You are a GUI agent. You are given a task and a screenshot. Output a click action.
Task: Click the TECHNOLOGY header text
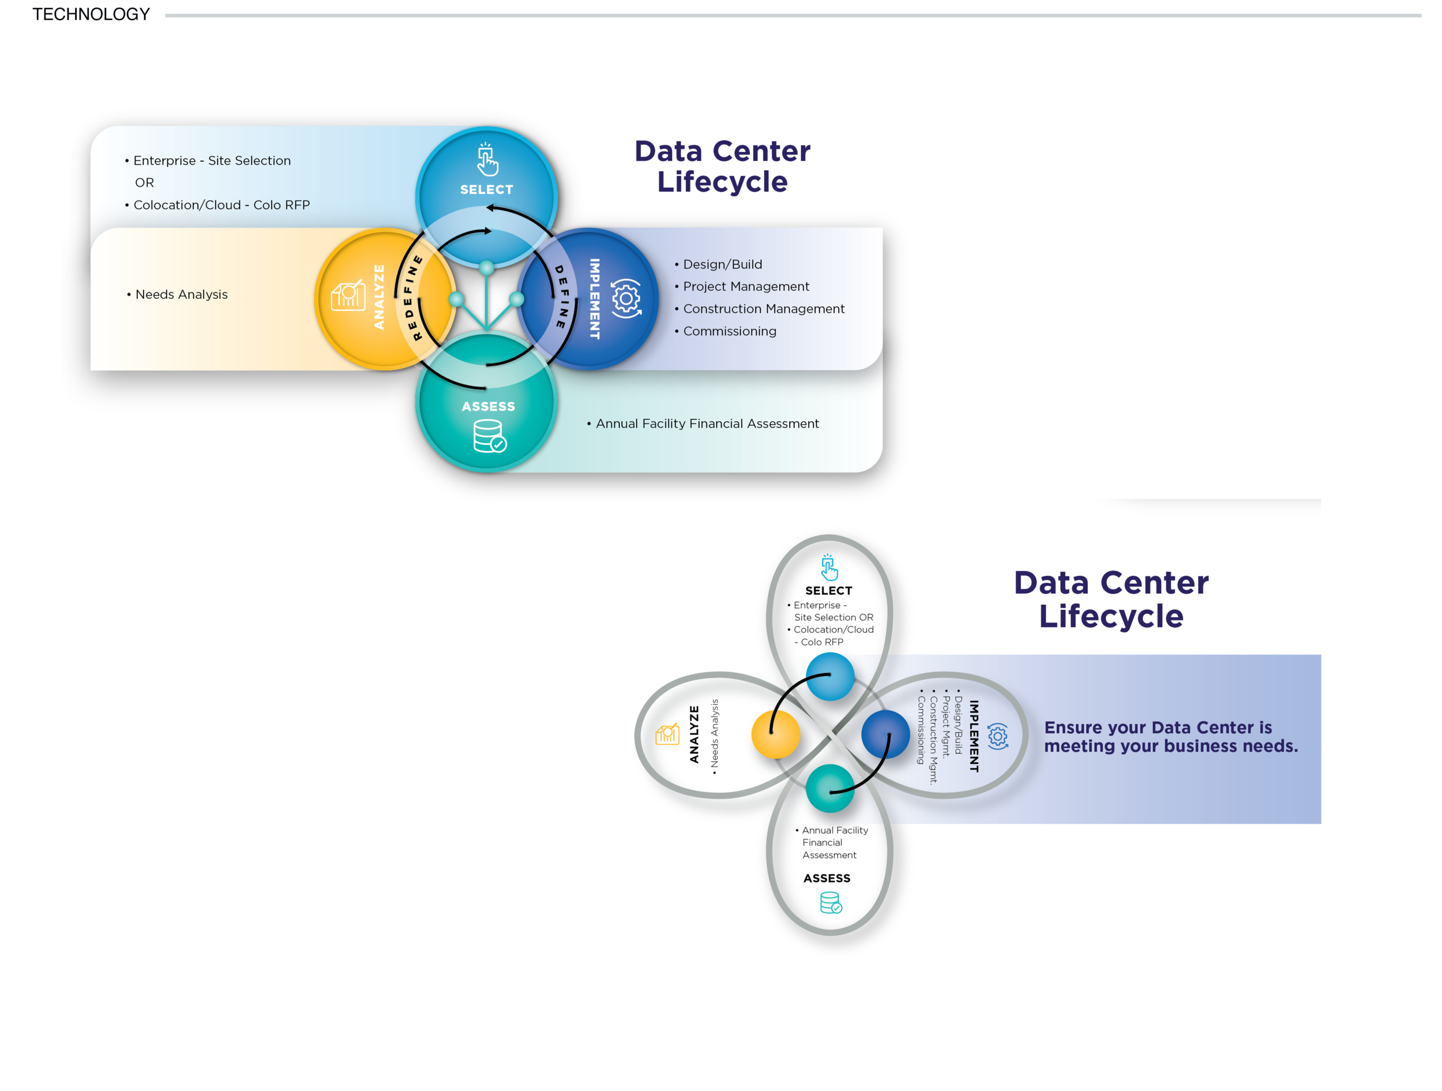click(x=91, y=14)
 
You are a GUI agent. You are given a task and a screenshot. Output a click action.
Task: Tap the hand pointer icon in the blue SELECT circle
click(x=487, y=160)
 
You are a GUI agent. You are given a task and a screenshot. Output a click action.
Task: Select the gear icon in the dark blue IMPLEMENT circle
click(x=626, y=299)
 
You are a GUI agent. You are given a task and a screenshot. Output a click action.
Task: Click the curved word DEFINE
click(x=562, y=297)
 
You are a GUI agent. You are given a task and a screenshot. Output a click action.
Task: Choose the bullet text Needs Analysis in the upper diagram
click(x=181, y=295)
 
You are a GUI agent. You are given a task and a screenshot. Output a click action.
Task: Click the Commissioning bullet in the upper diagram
click(x=729, y=331)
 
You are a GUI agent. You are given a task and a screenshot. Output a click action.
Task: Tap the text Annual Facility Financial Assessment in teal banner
click(x=707, y=424)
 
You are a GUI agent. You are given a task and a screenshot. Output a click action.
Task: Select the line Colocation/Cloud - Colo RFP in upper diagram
click(x=221, y=205)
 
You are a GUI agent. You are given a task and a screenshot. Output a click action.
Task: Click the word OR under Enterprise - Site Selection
click(x=144, y=182)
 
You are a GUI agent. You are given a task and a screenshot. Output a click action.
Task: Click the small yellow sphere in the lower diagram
click(x=776, y=734)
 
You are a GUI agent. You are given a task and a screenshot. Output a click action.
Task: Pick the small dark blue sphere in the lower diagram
click(x=885, y=734)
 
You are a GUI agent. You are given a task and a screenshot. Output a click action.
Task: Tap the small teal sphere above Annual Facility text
click(x=830, y=789)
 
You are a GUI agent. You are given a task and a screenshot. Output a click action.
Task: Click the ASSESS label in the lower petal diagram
click(x=827, y=879)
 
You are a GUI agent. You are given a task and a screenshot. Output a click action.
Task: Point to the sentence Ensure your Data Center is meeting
click(x=1170, y=737)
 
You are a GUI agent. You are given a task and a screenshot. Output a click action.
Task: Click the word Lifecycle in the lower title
click(x=1111, y=616)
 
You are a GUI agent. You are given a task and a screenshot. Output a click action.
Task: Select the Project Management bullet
click(x=746, y=286)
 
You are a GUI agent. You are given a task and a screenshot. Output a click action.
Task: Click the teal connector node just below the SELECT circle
click(x=486, y=267)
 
